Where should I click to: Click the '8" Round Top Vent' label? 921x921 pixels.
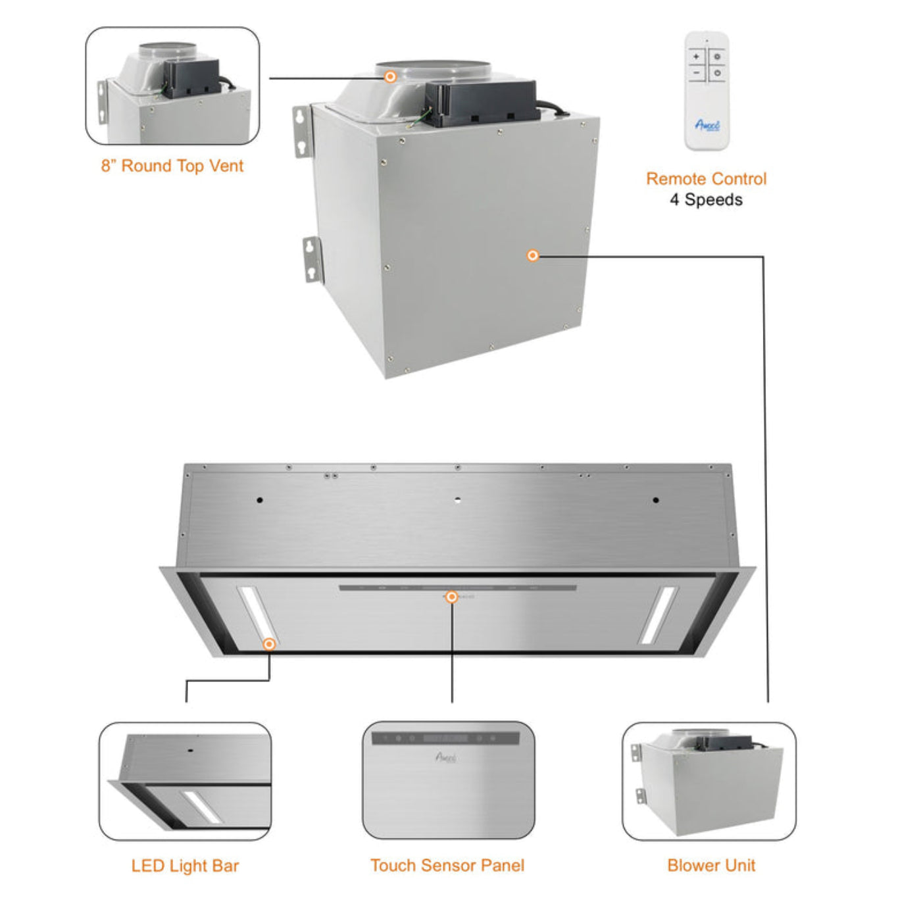[172, 166]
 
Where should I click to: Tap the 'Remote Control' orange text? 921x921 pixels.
[706, 179]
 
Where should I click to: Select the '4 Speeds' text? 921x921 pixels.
[706, 200]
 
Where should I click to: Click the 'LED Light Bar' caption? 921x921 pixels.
[185, 866]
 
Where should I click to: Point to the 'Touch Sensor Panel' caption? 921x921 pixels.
[447, 866]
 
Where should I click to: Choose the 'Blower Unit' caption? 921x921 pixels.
[711, 866]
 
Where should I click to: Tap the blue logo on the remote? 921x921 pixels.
[707, 125]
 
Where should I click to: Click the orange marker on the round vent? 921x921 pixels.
[390, 77]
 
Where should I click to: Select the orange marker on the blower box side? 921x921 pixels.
[533, 255]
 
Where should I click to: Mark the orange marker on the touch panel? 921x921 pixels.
[451, 597]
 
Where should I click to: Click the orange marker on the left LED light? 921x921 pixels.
[268, 643]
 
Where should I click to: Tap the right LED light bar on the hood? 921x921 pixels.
[658, 614]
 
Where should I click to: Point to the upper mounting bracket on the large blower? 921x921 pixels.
[302, 131]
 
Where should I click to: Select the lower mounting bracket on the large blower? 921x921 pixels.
[312, 259]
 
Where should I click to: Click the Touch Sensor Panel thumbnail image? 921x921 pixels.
[448, 780]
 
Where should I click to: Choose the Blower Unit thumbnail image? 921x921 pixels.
[709, 781]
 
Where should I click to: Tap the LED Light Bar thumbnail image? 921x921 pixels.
[185, 781]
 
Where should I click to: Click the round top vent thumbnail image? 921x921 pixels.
[172, 86]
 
